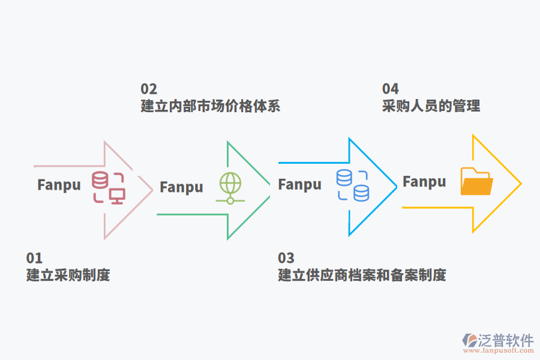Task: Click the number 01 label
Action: tap(34, 258)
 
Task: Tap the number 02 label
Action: tap(149, 89)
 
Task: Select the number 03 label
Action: tap(286, 258)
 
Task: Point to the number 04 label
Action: tap(391, 89)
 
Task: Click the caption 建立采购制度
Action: tap(68, 275)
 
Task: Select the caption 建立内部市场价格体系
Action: tap(211, 106)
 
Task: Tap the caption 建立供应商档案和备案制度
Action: tap(362, 275)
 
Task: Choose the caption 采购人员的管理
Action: tap(431, 106)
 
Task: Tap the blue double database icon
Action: tap(353, 185)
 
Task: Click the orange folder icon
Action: tap(476, 182)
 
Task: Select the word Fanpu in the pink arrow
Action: tap(59, 185)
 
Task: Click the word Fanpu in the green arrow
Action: tap(181, 187)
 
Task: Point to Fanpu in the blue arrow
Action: tap(300, 185)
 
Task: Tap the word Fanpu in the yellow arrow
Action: tap(424, 182)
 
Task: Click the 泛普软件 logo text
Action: tap(506, 341)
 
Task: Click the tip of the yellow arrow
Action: tap(520, 183)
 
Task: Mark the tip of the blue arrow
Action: tap(396, 187)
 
